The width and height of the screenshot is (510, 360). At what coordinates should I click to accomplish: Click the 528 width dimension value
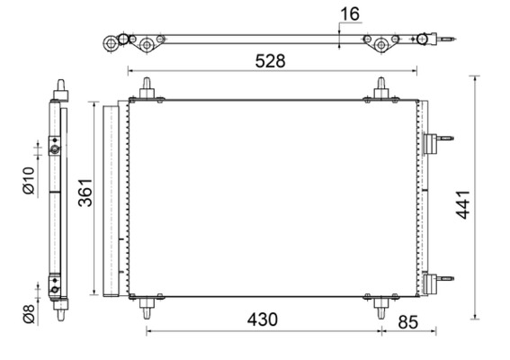tap(270, 61)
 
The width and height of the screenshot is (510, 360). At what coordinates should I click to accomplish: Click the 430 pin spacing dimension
tap(258, 319)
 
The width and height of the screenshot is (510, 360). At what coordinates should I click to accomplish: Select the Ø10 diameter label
tap(29, 181)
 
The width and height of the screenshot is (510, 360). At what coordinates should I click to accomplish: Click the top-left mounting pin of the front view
tap(147, 88)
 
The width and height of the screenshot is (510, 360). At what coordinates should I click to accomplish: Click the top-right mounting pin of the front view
tap(381, 88)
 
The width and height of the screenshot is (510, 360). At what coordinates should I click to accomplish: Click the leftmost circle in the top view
tap(114, 41)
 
